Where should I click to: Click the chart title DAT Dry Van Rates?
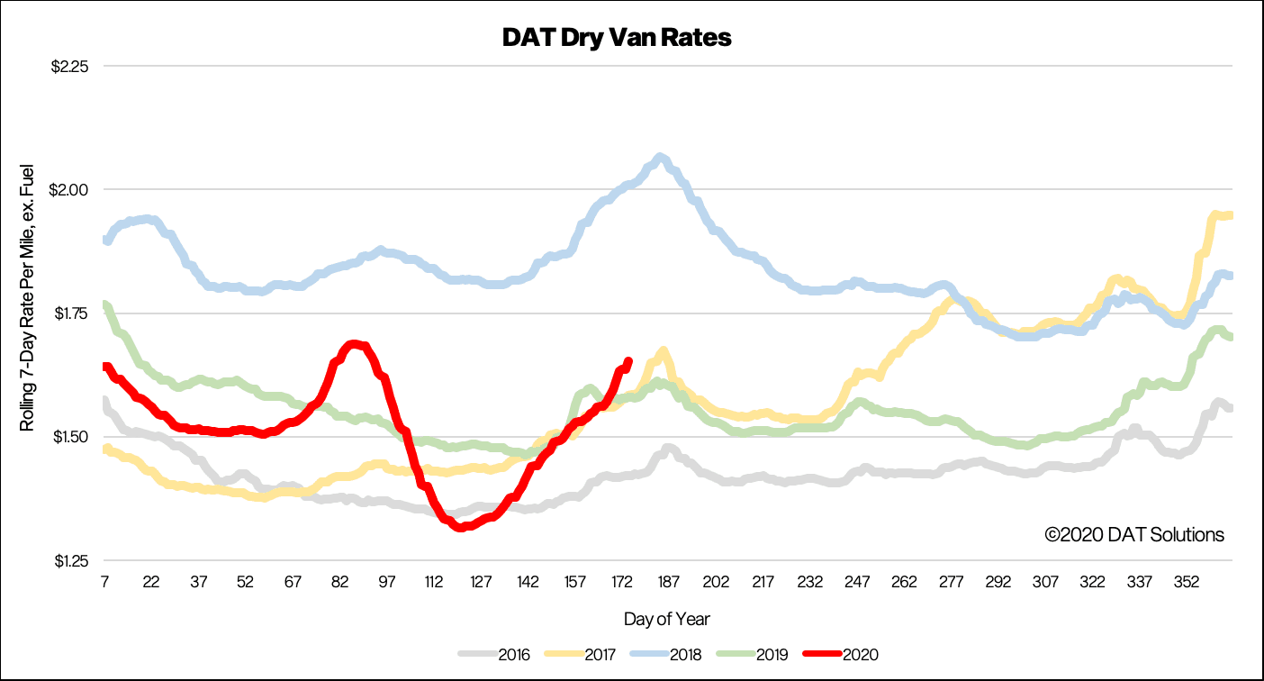pyautogui.click(x=617, y=38)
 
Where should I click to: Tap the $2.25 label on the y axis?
pyautogui.click(x=70, y=67)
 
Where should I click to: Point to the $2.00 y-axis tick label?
pyautogui.click(x=68, y=190)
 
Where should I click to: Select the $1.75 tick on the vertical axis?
pyautogui.click(x=71, y=313)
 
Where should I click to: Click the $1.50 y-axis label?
pyautogui.click(x=71, y=437)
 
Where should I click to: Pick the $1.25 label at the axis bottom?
pyautogui.click(x=71, y=560)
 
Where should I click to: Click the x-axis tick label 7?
pyautogui.click(x=104, y=582)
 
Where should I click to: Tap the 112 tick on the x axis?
pyautogui.click(x=433, y=582)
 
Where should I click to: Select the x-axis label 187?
pyautogui.click(x=669, y=582)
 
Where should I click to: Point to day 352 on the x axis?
pyautogui.click(x=1187, y=582)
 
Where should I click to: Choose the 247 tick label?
pyautogui.click(x=857, y=582)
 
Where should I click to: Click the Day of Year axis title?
pyautogui.click(x=666, y=619)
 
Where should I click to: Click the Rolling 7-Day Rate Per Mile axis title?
pyautogui.click(x=26, y=297)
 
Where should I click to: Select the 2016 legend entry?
pyautogui.click(x=493, y=655)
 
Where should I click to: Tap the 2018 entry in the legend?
pyautogui.click(x=665, y=655)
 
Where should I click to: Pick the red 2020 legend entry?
pyautogui.click(x=840, y=655)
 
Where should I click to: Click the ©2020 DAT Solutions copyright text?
pyautogui.click(x=1134, y=535)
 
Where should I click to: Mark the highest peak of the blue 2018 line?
pyautogui.click(x=660, y=158)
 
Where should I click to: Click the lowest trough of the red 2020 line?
pyautogui.click(x=460, y=527)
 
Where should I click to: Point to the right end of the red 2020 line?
pyautogui.click(x=628, y=361)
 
